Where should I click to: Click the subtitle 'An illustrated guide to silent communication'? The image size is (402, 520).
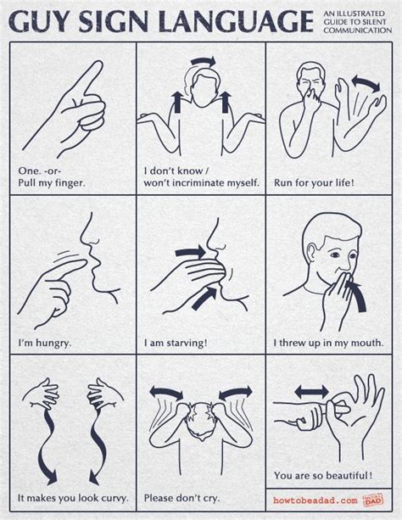pyautogui.click(x=358, y=22)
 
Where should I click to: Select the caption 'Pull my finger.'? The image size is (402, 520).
pyautogui.click(x=52, y=182)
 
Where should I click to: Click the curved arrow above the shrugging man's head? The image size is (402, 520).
pyautogui.click(x=204, y=61)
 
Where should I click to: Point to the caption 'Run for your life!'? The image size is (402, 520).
pyautogui.click(x=314, y=182)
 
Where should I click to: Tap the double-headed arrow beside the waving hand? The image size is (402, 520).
pyautogui.click(x=366, y=83)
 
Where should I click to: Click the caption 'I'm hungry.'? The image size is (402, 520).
pyautogui.click(x=45, y=343)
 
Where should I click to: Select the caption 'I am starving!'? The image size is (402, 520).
pyautogui.click(x=176, y=343)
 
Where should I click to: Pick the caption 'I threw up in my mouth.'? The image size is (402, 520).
pyautogui.click(x=328, y=343)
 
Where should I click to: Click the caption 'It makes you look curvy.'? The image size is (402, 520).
pyautogui.click(x=73, y=498)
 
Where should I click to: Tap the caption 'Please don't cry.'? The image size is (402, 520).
pyautogui.click(x=181, y=498)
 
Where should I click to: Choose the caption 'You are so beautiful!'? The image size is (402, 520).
pyautogui.click(x=323, y=476)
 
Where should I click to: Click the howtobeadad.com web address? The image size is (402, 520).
pyautogui.click(x=315, y=500)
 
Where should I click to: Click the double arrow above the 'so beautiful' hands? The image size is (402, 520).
pyautogui.click(x=311, y=391)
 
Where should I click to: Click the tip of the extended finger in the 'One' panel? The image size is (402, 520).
pyautogui.click(x=99, y=63)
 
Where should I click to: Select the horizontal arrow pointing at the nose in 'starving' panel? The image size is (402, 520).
pyautogui.click(x=190, y=253)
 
